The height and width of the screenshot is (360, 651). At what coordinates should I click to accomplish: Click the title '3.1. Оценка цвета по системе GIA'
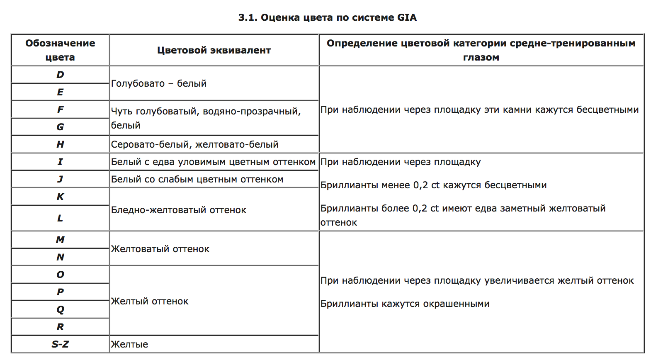pos(327,17)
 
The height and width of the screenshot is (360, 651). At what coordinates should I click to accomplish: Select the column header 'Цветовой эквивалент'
pos(214,50)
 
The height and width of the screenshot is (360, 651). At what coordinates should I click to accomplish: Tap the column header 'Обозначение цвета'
pos(60,50)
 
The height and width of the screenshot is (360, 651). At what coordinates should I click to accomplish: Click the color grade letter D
pos(60,75)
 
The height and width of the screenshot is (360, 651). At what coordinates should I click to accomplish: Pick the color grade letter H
pos(60,144)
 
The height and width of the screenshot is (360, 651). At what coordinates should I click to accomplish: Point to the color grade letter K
pos(60,197)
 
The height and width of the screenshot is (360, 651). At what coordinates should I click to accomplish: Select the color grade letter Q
pos(60,309)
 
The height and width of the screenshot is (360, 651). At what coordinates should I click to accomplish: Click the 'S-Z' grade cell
pos(60,344)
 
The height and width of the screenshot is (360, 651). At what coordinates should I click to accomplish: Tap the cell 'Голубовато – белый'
pos(159,83)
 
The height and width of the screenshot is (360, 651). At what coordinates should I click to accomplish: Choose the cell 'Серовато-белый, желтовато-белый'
pos(194,144)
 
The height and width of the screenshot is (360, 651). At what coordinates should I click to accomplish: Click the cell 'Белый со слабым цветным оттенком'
pos(197,179)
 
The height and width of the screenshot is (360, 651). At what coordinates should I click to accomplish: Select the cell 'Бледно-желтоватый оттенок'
pos(179,210)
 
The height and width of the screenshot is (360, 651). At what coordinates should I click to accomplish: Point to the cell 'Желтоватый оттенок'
pos(160,249)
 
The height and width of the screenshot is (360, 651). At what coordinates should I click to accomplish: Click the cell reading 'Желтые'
pos(129,344)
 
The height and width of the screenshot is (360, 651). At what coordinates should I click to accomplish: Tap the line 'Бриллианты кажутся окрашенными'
pos(405,304)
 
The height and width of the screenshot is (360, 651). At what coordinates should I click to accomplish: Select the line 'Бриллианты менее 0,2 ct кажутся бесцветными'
pos(433,185)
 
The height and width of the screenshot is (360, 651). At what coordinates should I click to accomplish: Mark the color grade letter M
pos(60,240)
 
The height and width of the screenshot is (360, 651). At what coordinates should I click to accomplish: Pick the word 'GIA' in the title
pos(407,17)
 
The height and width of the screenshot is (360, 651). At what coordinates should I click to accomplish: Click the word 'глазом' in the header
pos(481,57)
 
